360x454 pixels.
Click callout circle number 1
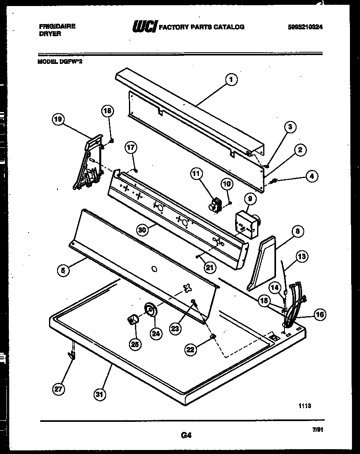(231, 80)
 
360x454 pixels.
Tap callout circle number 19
(59, 119)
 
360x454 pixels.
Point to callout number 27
(59, 389)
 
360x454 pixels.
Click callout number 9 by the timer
(249, 198)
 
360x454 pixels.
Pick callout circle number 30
(141, 230)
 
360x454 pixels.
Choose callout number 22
(190, 350)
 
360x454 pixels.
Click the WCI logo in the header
(144, 27)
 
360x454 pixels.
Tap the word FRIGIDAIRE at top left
(57, 27)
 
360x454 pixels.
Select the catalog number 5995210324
(305, 27)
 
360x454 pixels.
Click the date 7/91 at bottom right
(317, 429)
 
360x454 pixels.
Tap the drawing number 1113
(305, 406)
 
